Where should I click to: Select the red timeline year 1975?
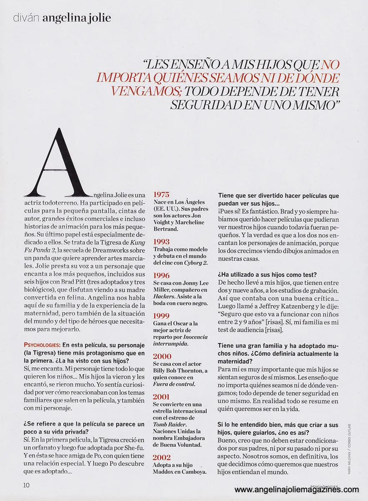(x=161, y=194)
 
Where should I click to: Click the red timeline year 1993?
(x=161, y=241)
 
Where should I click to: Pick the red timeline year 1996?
(x=161, y=275)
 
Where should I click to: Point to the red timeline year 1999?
(x=161, y=316)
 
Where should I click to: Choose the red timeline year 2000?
(x=162, y=356)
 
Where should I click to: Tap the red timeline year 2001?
(x=161, y=397)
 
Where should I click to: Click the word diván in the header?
(x=26, y=18)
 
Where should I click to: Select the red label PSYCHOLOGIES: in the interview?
(x=43, y=345)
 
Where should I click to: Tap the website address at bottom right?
(x=296, y=489)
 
